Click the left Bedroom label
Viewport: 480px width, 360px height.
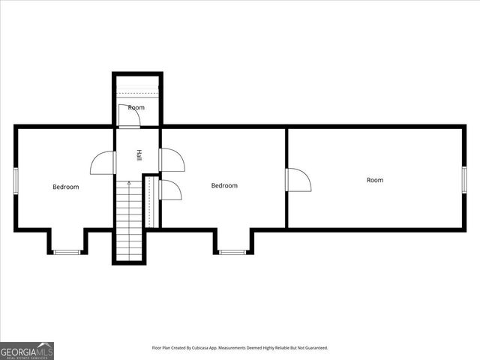(65, 187)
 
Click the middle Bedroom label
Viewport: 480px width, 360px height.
(224, 185)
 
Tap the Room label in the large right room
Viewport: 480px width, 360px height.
(375, 180)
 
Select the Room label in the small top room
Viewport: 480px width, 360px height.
(136, 108)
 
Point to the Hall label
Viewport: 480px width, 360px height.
(139, 156)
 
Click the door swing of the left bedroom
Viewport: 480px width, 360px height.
(103, 162)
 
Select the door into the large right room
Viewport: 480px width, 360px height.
(298, 179)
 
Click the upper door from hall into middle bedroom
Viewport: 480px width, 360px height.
(171, 160)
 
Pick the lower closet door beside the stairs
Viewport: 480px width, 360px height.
(169, 190)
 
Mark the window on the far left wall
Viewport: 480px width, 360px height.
(16, 181)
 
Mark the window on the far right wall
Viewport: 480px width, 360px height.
(464, 179)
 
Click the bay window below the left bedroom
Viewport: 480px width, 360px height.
(67, 252)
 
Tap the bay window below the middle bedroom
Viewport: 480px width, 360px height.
(232, 252)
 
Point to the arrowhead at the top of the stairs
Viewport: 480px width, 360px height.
(128, 182)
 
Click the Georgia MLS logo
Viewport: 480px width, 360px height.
(27, 350)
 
